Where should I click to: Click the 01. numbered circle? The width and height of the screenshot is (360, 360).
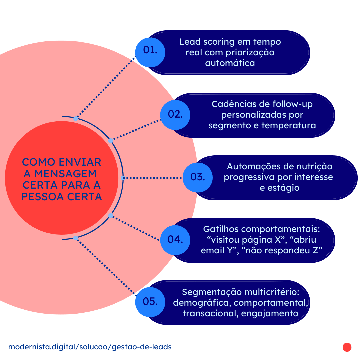[x=150, y=51]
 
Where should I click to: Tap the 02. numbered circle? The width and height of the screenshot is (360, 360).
[x=175, y=115]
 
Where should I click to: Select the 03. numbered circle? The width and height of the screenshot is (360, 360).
[x=198, y=177]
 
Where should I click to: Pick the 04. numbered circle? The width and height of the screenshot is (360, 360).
[x=175, y=240]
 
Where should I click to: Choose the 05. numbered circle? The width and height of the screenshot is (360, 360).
[x=150, y=302]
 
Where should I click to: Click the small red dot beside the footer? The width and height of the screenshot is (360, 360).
[x=347, y=347]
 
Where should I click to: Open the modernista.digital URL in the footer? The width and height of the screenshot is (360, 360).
[x=90, y=347]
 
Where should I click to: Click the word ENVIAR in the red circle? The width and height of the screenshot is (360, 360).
[x=80, y=162]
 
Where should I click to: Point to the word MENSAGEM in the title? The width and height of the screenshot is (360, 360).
[x=65, y=174]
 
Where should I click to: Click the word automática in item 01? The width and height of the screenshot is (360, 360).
[x=230, y=63]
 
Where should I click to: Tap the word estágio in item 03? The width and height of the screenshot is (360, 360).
[x=279, y=188]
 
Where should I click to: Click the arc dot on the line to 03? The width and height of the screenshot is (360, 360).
[x=123, y=178]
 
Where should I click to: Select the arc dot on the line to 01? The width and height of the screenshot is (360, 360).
[x=76, y=119]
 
